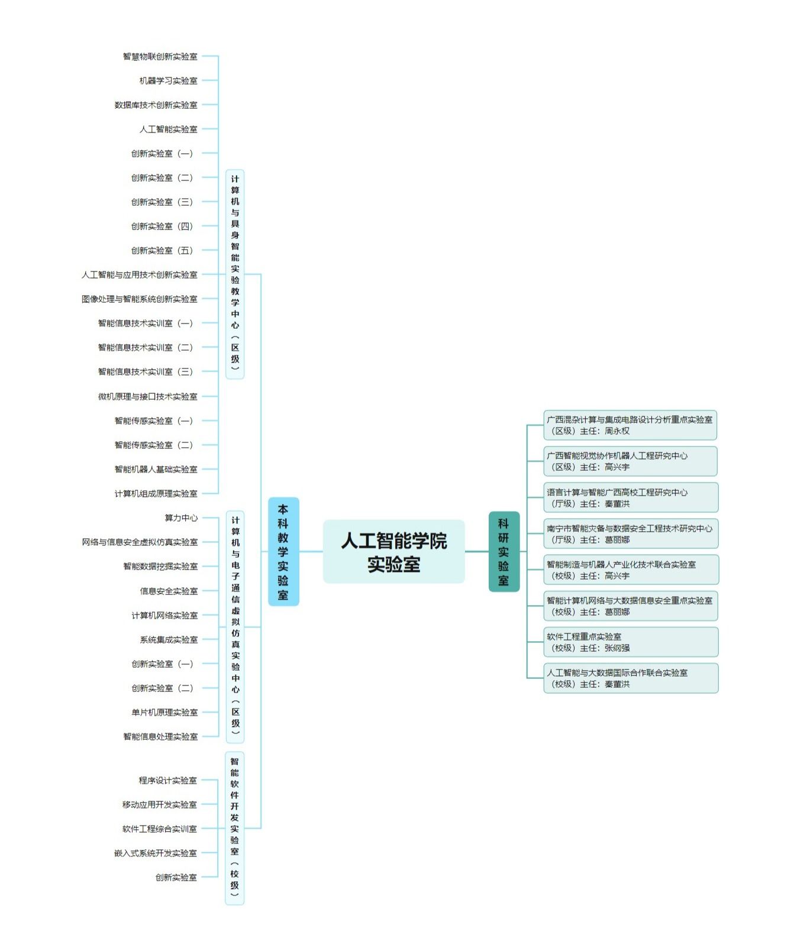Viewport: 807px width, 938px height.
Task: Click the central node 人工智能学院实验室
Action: pos(393,552)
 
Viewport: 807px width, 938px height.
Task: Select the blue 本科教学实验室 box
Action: pos(283,551)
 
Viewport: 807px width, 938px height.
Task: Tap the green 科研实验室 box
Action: pos(504,551)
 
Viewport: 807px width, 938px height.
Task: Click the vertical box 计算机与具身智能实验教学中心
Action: pos(235,274)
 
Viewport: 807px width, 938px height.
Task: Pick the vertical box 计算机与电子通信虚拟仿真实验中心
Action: pos(235,626)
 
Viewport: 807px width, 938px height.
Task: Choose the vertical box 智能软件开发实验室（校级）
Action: pos(235,828)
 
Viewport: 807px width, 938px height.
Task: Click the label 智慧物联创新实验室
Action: pos(160,57)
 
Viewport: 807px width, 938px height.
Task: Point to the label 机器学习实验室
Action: pos(169,81)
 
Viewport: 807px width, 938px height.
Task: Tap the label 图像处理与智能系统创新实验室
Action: pos(140,299)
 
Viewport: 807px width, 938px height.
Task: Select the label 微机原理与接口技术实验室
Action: pos(148,397)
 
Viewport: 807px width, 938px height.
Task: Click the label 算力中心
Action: pos(182,518)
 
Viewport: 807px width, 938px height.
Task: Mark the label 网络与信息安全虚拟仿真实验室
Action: pos(140,542)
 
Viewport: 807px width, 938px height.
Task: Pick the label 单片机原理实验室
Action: pos(165,713)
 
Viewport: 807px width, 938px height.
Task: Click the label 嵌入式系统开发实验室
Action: pos(156,853)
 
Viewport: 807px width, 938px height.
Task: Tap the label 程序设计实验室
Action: pos(168,781)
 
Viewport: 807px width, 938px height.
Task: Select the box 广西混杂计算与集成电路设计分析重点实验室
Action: pos(630,425)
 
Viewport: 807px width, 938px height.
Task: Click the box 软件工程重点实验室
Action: pos(631,642)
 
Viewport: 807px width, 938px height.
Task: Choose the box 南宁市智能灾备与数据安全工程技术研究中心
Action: pos(631,534)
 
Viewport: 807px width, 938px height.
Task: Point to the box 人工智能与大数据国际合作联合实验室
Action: pos(631,678)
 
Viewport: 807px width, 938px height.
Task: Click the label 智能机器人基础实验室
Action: pos(156,470)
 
